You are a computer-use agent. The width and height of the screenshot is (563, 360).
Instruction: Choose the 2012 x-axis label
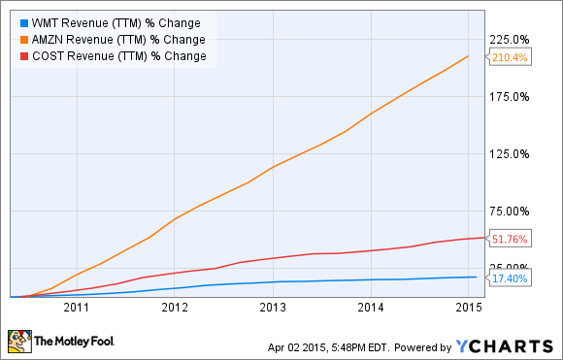click(x=175, y=308)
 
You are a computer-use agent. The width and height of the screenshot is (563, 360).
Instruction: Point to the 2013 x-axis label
click(x=273, y=308)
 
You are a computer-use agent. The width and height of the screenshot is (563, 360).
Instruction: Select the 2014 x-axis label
click(x=371, y=308)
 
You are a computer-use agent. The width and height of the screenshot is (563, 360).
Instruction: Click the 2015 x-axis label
click(x=469, y=308)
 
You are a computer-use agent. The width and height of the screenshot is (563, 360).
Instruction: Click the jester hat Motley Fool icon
click(x=18, y=341)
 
